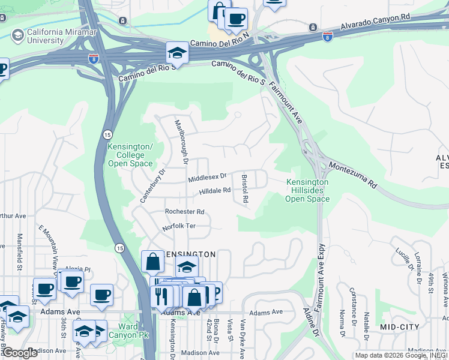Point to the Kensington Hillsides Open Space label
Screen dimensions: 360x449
click(x=307, y=190)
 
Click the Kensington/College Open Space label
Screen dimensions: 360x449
click(x=130, y=155)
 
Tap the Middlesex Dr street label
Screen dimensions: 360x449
click(x=207, y=178)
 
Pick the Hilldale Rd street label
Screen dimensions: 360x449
click(x=215, y=191)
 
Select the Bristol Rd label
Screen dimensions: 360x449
click(x=245, y=188)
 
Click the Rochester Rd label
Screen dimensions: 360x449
click(x=185, y=212)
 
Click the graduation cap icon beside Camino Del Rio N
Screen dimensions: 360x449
click(x=177, y=53)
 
